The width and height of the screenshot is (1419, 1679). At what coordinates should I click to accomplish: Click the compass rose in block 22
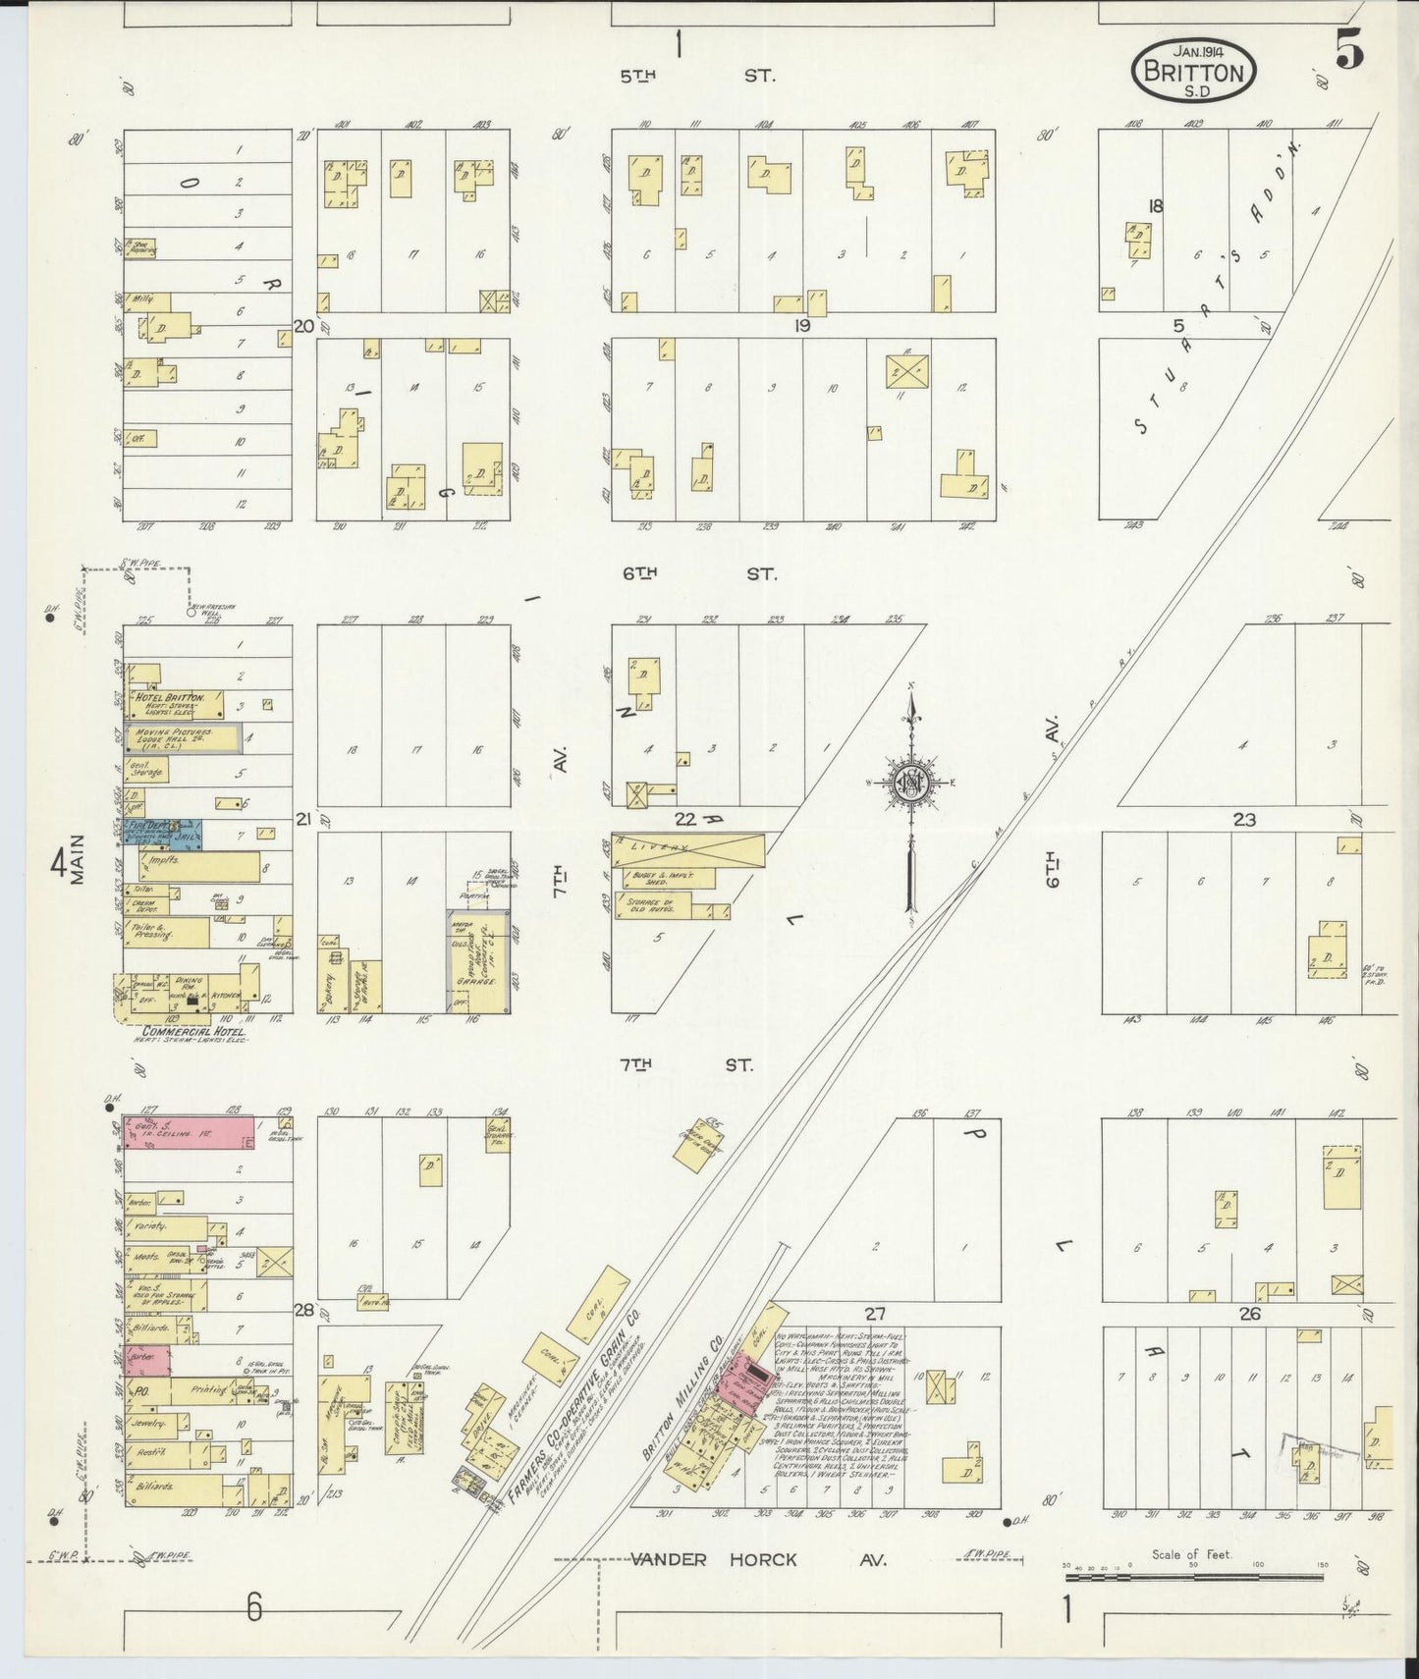(911, 783)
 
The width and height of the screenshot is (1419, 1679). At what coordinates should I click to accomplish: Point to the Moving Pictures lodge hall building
(182, 737)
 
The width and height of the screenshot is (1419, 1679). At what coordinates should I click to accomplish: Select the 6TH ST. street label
(697, 573)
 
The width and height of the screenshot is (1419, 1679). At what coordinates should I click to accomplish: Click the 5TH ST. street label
(696, 74)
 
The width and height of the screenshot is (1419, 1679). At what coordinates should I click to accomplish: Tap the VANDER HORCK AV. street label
(758, 1559)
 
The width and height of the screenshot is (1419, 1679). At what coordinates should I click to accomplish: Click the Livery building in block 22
(687, 848)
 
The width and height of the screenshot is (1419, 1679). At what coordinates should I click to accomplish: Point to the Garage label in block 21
(480, 979)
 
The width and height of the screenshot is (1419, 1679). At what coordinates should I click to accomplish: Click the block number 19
(802, 326)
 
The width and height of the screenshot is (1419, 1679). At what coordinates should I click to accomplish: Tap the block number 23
(1244, 819)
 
